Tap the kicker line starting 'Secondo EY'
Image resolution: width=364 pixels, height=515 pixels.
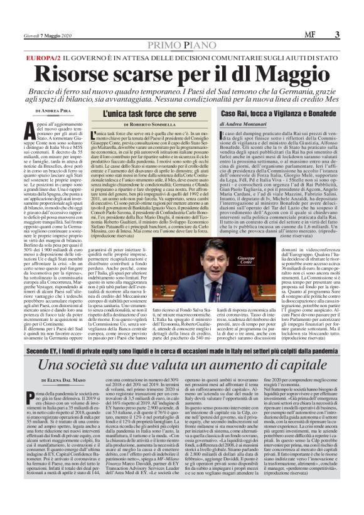click(x=181, y=349)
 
